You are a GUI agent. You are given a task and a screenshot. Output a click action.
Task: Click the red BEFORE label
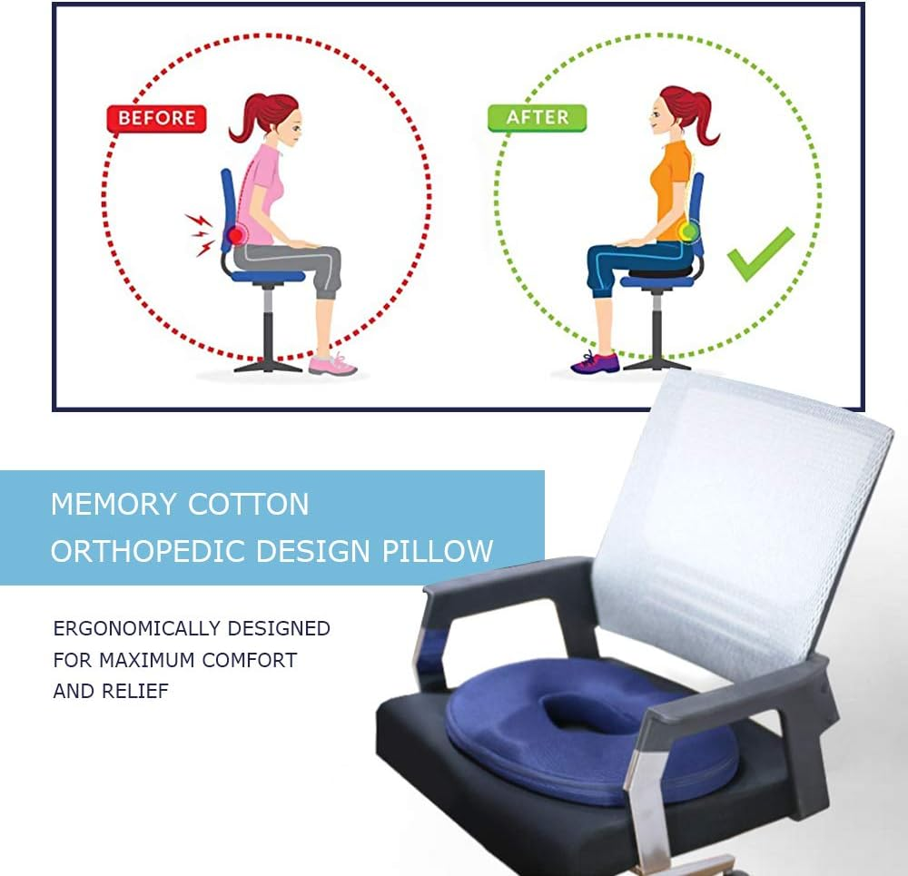156,118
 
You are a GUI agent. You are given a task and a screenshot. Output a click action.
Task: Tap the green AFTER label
537,117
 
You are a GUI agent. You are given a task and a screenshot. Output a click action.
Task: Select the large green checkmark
761,253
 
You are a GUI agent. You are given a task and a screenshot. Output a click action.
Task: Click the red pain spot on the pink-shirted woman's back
235,235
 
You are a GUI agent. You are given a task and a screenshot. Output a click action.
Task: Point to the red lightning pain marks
200,233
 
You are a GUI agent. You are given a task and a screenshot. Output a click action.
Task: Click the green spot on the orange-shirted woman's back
689,231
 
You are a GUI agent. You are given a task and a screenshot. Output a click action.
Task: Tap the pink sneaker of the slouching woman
332,364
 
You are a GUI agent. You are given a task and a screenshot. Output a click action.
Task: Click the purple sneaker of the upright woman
595,362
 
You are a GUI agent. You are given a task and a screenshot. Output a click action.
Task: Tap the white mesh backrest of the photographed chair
745,508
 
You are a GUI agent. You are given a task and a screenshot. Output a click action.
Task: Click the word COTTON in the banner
247,504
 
